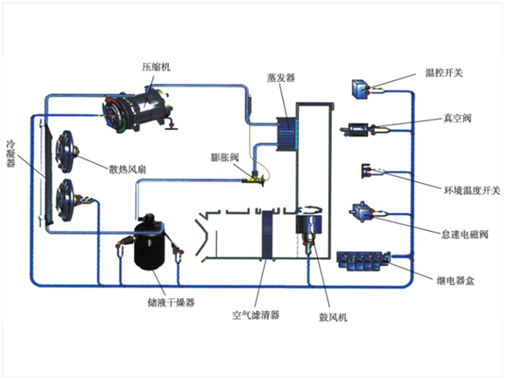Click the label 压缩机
[x=156, y=67]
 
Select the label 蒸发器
[x=281, y=78]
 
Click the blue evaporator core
[x=286, y=134]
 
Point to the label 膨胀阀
[x=225, y=157]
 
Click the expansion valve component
[x=254, y=180]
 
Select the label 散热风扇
[x=127, y=169]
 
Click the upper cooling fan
[x=65, y=151]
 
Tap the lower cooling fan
[x=66, y=200]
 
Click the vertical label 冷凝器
[x=11, y=154]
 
